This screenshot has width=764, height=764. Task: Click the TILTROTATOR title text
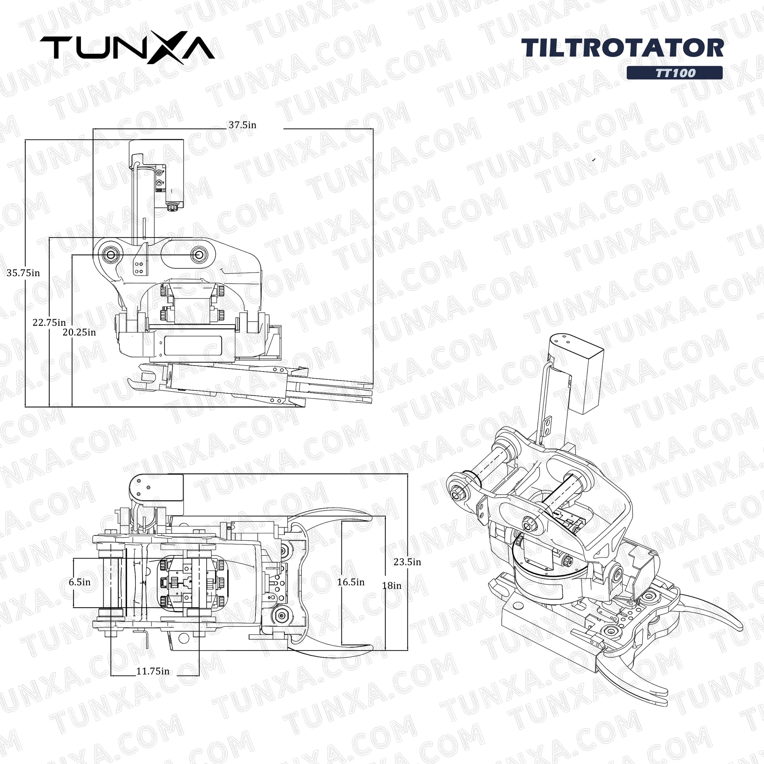623,48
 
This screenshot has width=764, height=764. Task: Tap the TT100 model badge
674,73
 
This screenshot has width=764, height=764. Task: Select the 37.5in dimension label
242,125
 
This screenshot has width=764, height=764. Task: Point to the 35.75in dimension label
23,273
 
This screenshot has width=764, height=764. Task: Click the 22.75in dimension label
49,322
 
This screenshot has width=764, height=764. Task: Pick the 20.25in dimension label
79,332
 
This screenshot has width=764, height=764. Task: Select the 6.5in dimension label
79,582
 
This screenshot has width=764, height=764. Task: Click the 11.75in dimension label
153,671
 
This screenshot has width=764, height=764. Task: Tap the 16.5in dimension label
351,582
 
